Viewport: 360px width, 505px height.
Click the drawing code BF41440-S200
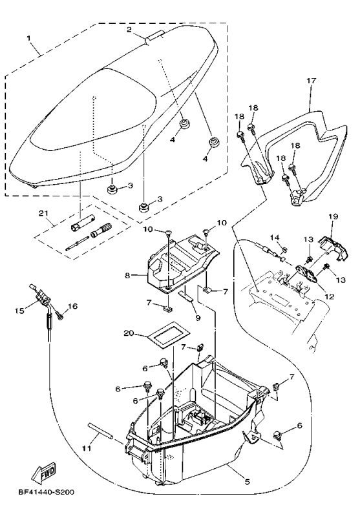tap(47, 493)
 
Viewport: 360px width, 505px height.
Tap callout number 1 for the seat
tap(29, 39)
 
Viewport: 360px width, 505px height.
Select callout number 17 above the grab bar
tap(312, 81)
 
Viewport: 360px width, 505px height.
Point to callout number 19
tap(334, 216)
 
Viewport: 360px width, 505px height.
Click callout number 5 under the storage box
tap(248, 482)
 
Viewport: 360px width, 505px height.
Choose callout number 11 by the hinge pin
tap(87, 448)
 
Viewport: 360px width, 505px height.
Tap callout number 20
tap(129, 334)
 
